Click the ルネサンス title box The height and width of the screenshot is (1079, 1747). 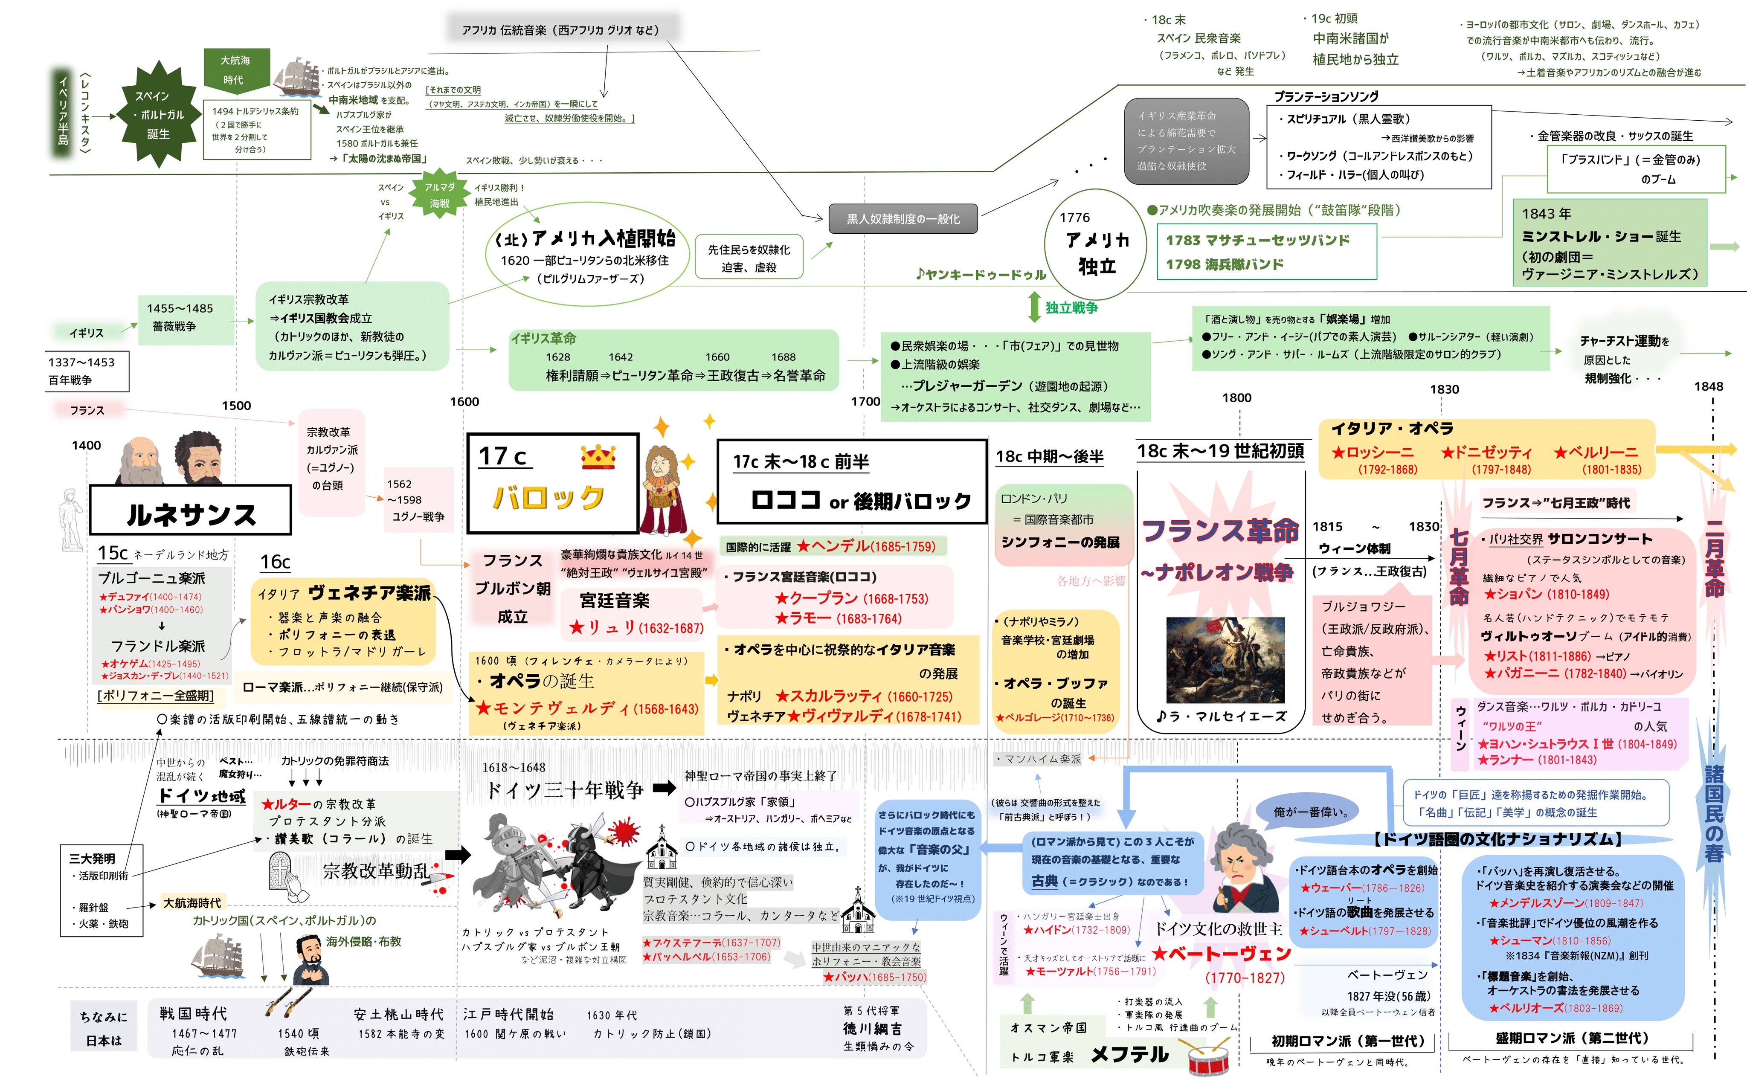tap(191, 510)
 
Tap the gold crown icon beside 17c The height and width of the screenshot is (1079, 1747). tap(598, 457)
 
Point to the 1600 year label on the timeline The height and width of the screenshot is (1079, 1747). tap(464, 402)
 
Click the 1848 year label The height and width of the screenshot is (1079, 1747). tap(1709, 386)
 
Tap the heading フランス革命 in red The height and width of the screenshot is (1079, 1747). tap(1220, 531)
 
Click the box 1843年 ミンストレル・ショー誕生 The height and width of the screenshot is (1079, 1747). tap(1609, 244)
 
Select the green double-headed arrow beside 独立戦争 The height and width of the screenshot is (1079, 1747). tap(1034, 307)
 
